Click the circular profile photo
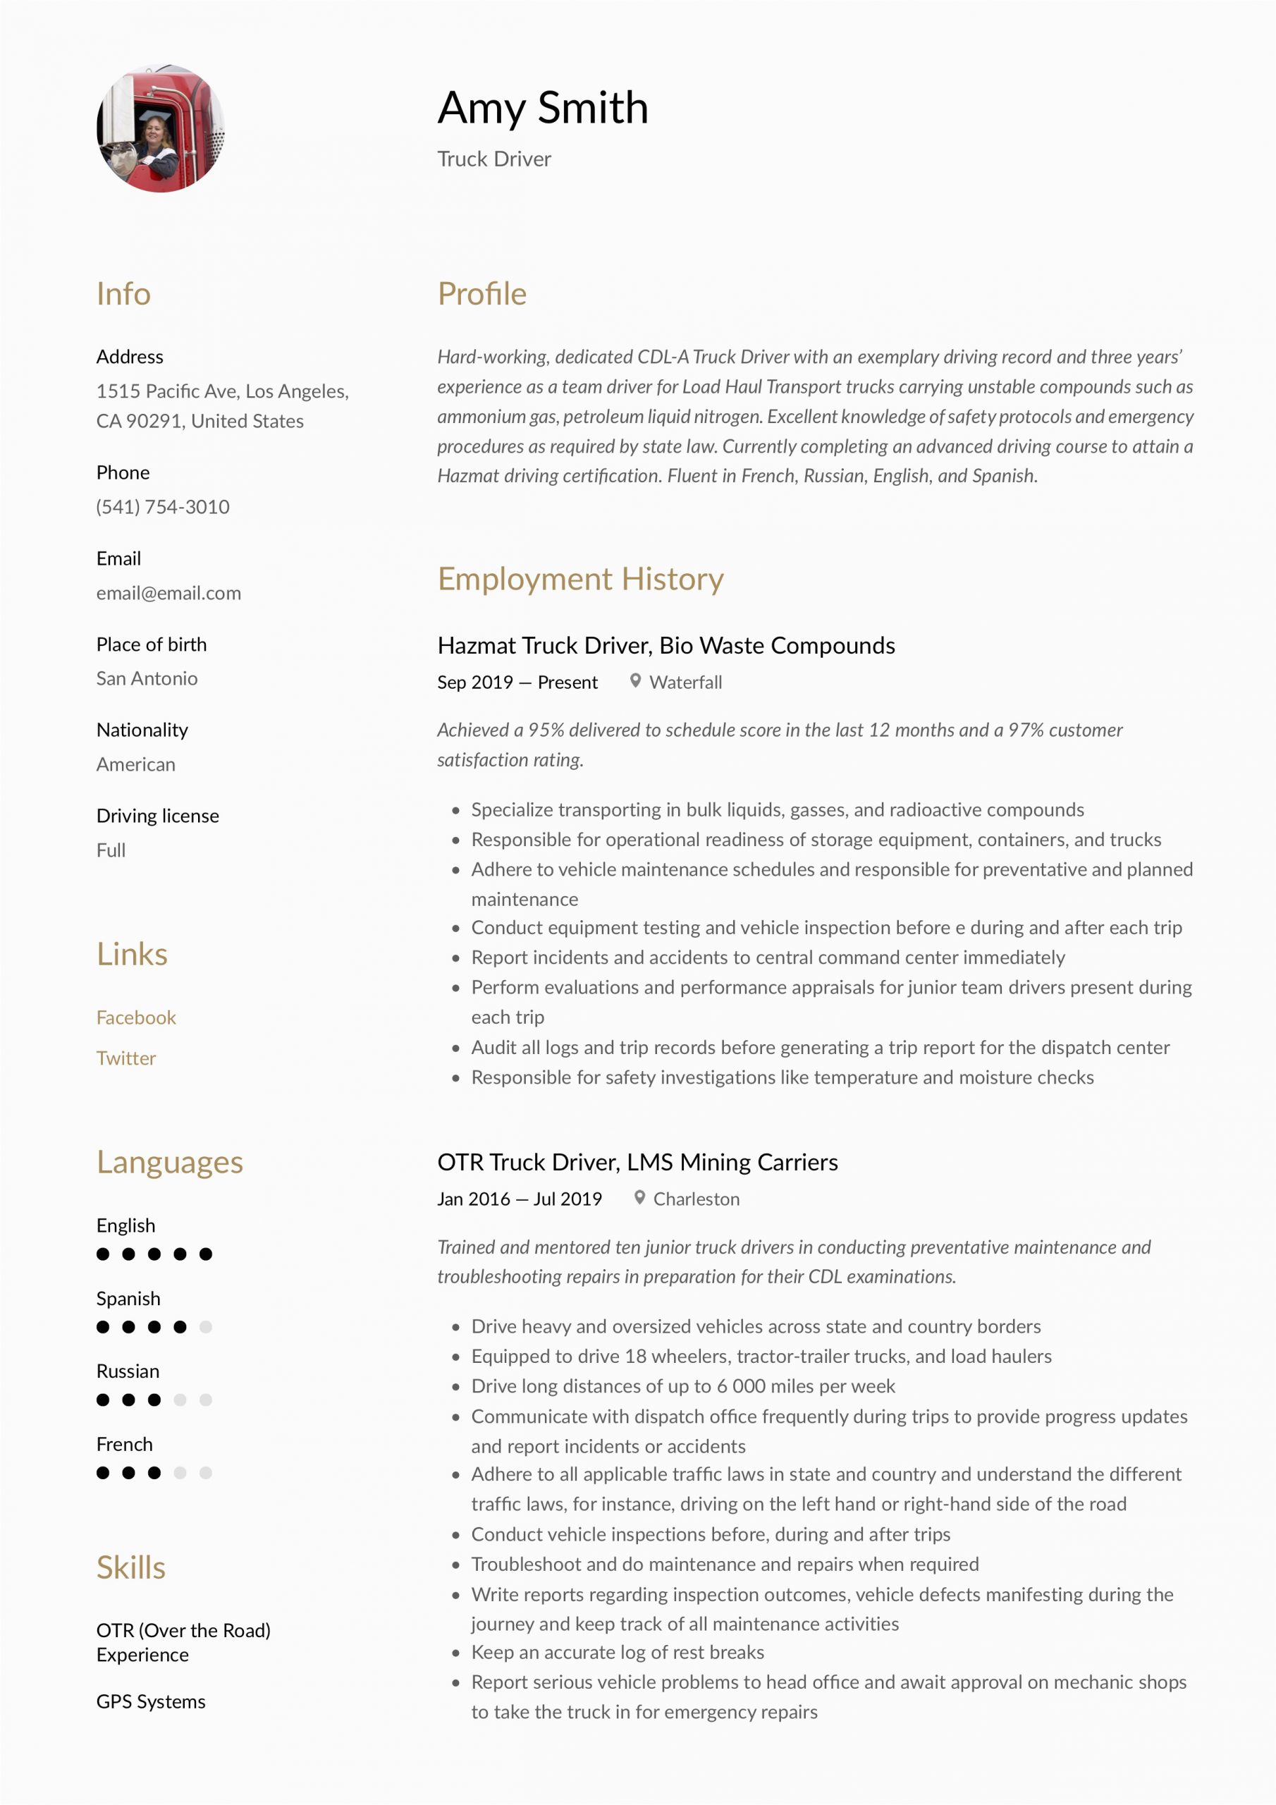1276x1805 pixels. point(161,129)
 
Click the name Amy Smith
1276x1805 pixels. point(543,108)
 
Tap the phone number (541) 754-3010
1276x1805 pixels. point(163,507)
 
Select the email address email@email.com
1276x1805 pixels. point(168,593)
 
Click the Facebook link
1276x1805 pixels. point(136,1017)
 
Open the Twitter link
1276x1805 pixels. point(125,1058)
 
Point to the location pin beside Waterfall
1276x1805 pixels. point(635,681)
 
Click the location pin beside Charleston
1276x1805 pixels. point(640,1197)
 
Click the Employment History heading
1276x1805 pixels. point(580,579)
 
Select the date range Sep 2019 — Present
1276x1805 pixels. point(517,683)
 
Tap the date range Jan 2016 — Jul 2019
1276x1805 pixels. point(519,1199)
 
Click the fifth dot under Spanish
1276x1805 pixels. point(206,1327)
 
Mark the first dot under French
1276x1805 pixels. point(103,1472)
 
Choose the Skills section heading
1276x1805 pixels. point(130,1567)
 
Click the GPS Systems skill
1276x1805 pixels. point(151,1701)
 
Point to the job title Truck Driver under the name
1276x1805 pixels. point(493,159)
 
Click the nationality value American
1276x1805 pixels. point(136,764)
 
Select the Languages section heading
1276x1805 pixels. point(170,1162)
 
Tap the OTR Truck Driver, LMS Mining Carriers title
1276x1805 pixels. point(637,1162)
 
